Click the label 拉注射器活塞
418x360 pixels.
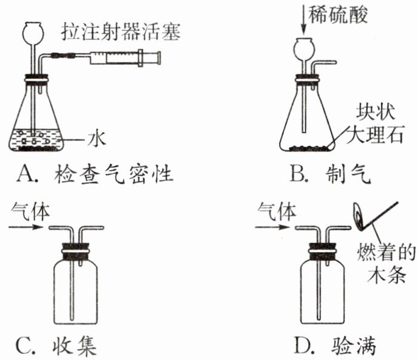click(121, 32)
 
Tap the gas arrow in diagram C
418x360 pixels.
click(27, 228)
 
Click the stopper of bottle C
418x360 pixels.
click(77, 248)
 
